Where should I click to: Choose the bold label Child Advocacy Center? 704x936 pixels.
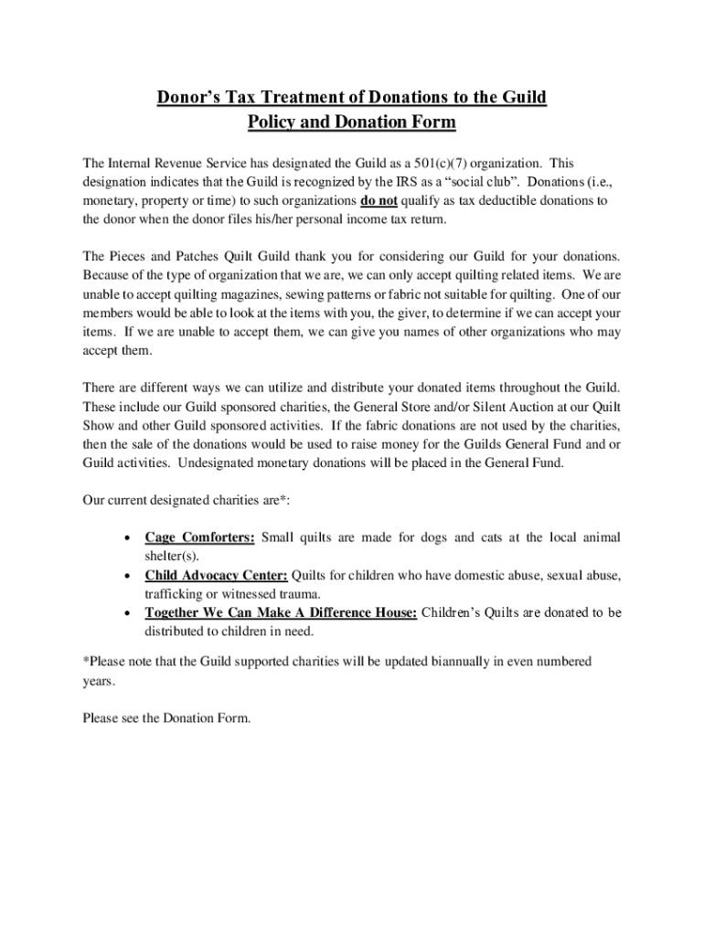coord(216,575)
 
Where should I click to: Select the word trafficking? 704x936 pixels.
coord(174,593)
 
